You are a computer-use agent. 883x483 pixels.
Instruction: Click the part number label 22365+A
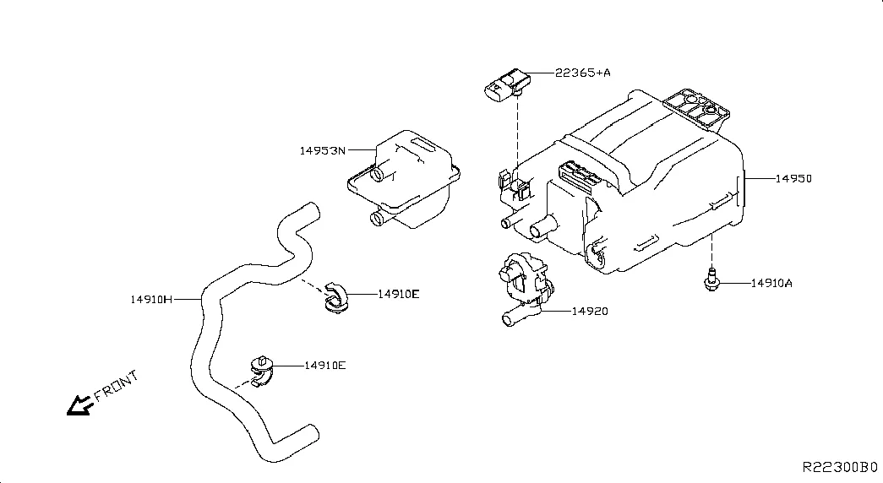click(583, 73)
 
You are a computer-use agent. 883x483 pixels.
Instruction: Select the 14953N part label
click(323, 151)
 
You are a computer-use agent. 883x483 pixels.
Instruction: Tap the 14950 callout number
click(793, 178)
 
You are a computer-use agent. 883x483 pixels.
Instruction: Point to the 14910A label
click(771, 283)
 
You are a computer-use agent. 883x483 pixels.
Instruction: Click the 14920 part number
click(590, 312)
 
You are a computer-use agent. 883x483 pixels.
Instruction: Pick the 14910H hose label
click(151, 300)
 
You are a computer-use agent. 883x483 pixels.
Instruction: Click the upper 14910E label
click(398, 294)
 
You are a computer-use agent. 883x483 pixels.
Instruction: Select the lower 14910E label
click(325, 366)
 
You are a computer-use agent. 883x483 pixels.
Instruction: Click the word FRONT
click(116, 386)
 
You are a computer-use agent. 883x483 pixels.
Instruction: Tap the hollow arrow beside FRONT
click(79, 405)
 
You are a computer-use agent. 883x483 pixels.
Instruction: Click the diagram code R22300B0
click(840, 467)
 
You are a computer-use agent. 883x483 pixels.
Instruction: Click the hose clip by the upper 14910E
click(337, 296)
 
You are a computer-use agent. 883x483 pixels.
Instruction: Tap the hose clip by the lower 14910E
click(262, 371)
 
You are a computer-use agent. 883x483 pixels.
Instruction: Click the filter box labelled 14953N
click(403, 179)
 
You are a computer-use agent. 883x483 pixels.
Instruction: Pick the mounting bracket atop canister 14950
click(696, 109)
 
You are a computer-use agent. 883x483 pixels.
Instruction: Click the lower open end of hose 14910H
click(313, 433)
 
